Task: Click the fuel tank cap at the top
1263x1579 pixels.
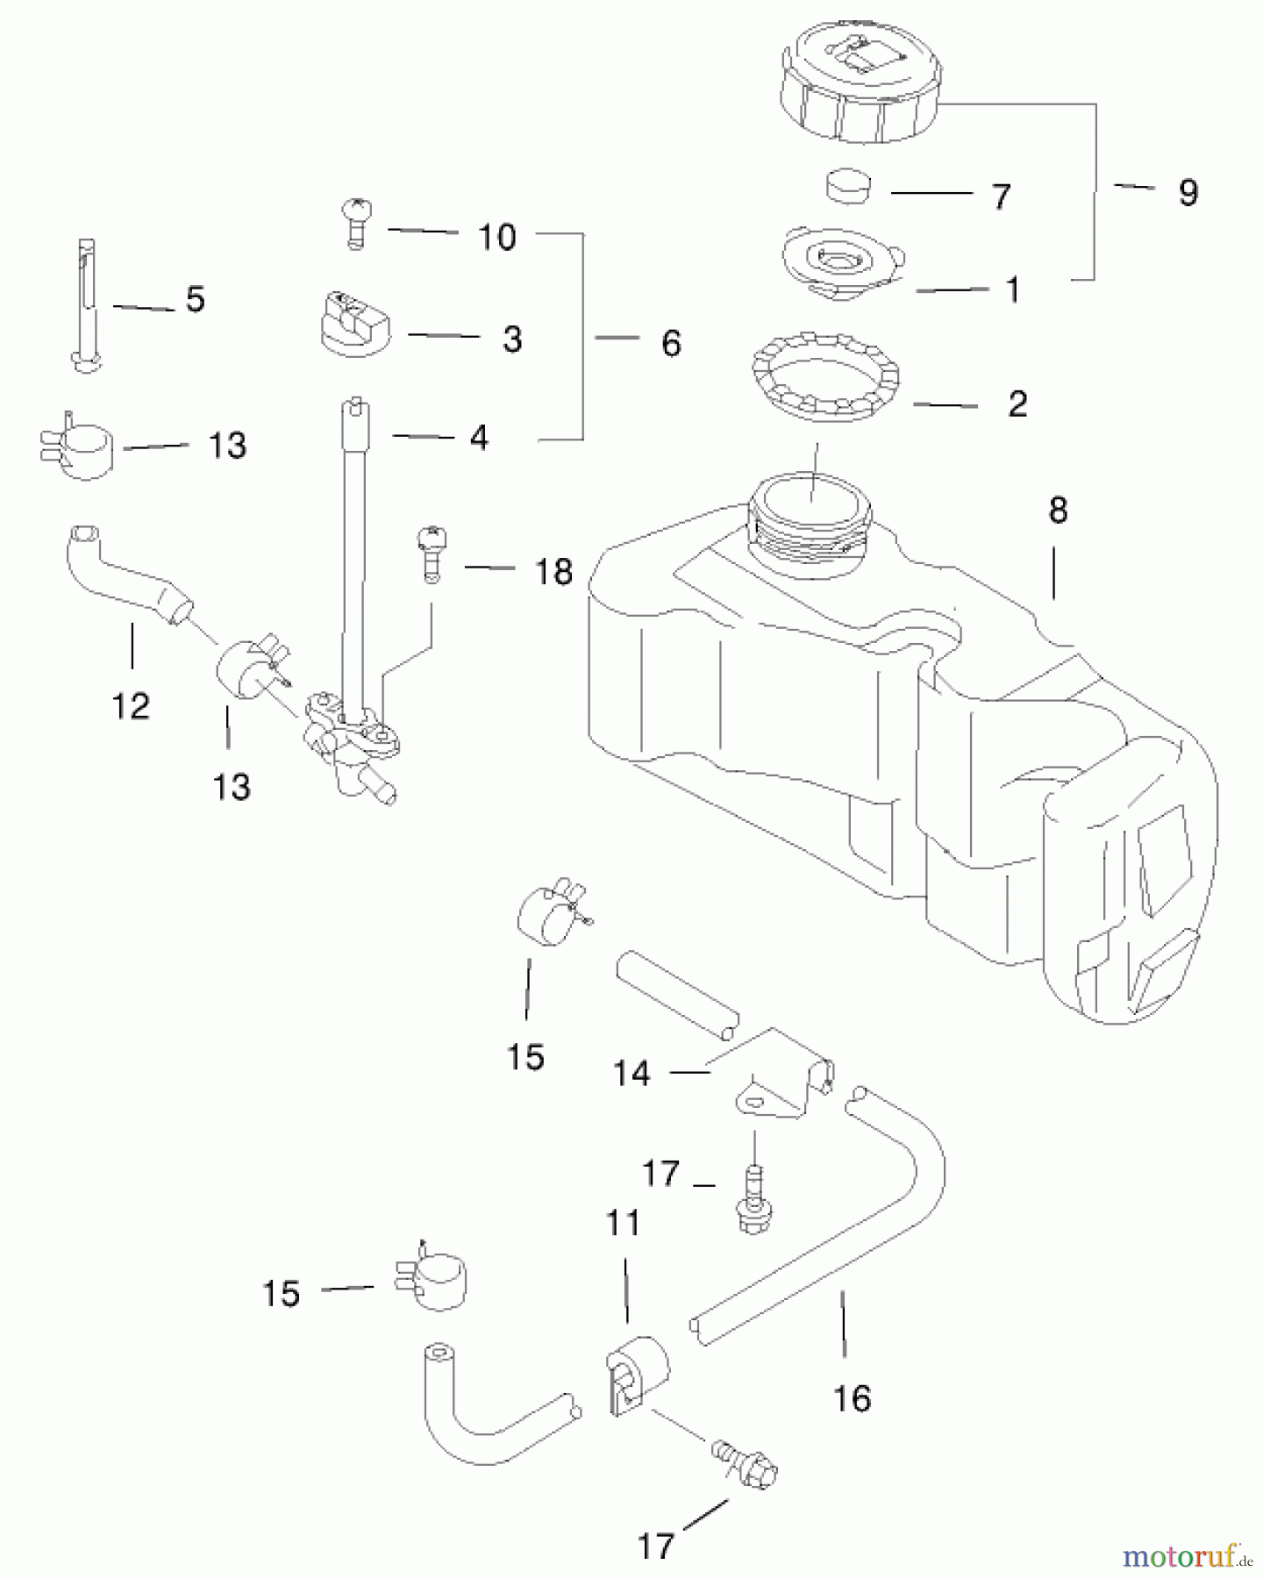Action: pyautogui.click(x=860, y=83)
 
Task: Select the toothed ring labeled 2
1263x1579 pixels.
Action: pyautogui.click(x=824, y=377)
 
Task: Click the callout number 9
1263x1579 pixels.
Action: pyautogui.click(x=1188, y=192)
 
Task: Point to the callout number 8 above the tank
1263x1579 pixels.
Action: pyautogui.click(x=1058, y=510)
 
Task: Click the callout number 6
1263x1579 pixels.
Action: pyautogui.click(x=671, y=343)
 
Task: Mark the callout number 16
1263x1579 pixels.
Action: pyautogui.click(x=852, y=1398)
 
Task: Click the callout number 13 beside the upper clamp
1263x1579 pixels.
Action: pyautogui.click(x=227, y=446)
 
